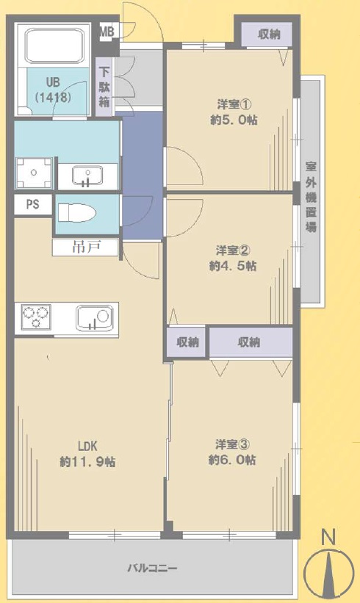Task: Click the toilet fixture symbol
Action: [x=77, y=213]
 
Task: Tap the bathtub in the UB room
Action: [x=54, y=46]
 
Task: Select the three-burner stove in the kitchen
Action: [x=36, y=317]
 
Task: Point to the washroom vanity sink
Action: [x=87, y=176]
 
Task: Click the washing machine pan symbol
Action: [x=34, y=173]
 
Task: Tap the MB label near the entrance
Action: [x=107, y=32]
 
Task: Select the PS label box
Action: [x=33, y=204]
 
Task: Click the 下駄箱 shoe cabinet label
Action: [x=104, y=87]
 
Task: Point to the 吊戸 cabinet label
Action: [x=86, y=247]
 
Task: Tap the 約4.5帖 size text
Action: [x=233, y=266]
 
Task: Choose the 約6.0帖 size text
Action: [x=232, y=460]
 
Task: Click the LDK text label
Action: [x=87, y=446]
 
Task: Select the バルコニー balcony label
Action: [x=152, y=568]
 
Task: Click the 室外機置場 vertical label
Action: [x=312, y=197]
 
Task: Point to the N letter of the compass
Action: [x=328, y=537]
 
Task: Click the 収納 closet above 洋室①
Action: [x=269, y=35]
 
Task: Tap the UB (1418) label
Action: [x=53, y=90]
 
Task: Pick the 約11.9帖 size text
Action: [x=87, y=461]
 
